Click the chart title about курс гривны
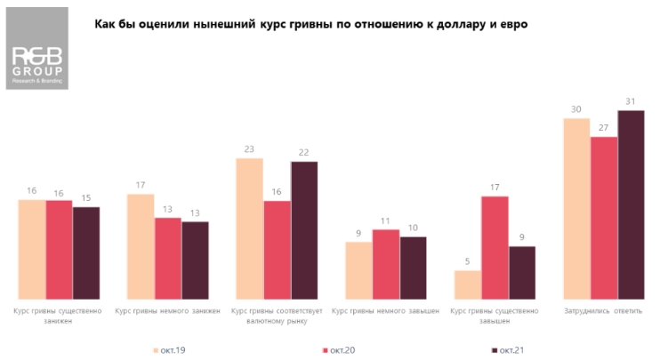310,24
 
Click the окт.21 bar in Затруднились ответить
631,204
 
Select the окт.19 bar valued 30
576,209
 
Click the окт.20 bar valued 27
604,218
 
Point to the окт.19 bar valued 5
468,284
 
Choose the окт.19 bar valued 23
249,228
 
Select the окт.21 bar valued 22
303,230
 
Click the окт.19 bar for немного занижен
141,246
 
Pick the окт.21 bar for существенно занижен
86,253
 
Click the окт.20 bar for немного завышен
386,264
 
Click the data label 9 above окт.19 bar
358,234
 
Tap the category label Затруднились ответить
603,311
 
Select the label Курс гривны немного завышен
385,311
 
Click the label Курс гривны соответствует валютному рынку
277,316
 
